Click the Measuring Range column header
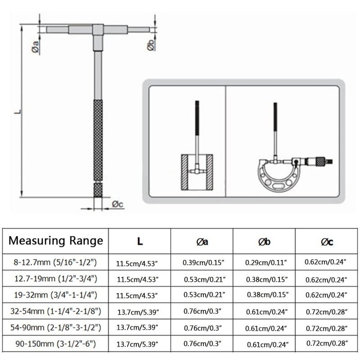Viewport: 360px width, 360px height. pos(57,241)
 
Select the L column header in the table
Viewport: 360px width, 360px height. pos(140,241)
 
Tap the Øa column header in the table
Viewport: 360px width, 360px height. pos(202,242)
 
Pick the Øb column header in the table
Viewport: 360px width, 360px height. pos(264,242)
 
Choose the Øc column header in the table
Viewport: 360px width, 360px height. pos(327,242)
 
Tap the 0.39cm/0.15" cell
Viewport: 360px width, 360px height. pos(202,261)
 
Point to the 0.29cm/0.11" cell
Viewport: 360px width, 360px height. pos(264,261)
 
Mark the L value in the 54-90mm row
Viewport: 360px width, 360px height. pos(140,328)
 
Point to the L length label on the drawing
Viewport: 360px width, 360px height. pos(17,110)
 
